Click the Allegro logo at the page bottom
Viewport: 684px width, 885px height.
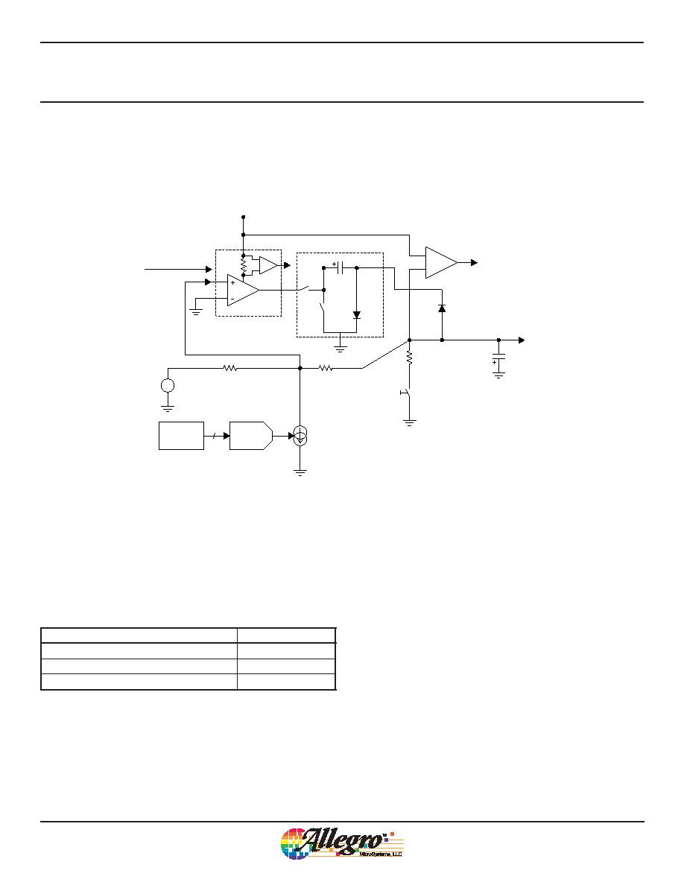point(342,844)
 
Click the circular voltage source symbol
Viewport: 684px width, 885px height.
point(168,385)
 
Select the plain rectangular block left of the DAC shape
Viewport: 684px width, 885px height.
point(181,435)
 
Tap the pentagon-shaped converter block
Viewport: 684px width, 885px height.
point(251,435)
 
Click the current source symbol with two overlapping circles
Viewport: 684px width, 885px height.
point(300,437)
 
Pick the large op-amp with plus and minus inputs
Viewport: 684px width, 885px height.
point(243,290)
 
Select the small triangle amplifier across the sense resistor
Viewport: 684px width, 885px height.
point(269,264)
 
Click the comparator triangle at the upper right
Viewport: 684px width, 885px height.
point(441,262)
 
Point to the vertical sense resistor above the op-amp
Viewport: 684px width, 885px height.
point(243,265)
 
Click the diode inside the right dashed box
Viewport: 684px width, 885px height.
point(357,315)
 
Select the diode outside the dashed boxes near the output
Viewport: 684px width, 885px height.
point(442,308)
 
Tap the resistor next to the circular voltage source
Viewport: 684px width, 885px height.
point(229,369)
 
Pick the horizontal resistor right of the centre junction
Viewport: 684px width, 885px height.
point(326,369)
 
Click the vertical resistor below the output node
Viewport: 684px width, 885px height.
point(410,358)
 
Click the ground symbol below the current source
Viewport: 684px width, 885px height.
point(300,472)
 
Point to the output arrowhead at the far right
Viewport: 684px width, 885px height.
point(522,340)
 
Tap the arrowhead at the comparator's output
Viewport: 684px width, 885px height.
point(475,262)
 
